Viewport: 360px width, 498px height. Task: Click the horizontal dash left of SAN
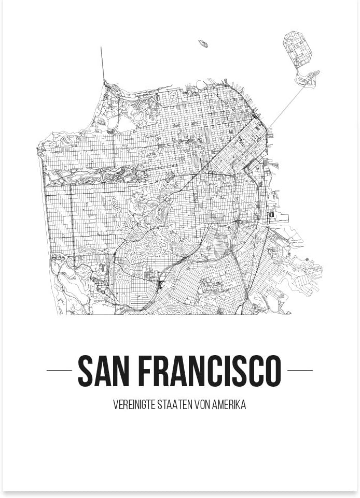click(x=59, y=371)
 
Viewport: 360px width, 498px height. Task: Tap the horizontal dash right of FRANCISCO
click(x=300, y=371)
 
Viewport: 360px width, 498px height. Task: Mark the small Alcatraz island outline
click(x=203, y=43)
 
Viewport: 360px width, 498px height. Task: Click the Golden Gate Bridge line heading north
click(x=103, y=65)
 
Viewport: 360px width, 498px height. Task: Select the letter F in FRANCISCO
click(x=148, y=371)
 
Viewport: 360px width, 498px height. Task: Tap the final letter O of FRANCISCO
click(x=272, y=371)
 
